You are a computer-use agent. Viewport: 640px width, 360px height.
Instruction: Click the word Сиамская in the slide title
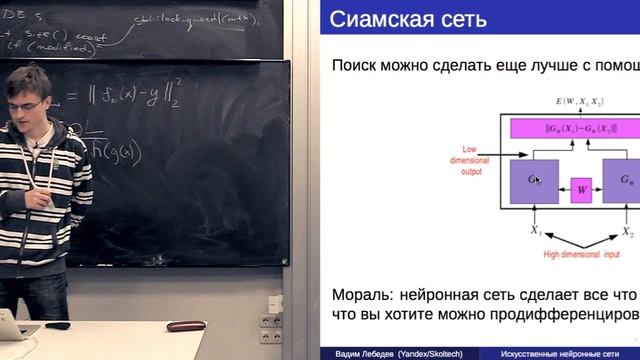click(375, 19)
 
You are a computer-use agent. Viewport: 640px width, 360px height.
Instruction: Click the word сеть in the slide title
click(459, 19)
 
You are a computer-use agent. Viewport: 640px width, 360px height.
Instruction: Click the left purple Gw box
click(534, 180)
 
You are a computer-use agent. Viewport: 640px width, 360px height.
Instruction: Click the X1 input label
click(536, 232)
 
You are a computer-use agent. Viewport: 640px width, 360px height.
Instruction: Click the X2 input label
click(627, 232)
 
